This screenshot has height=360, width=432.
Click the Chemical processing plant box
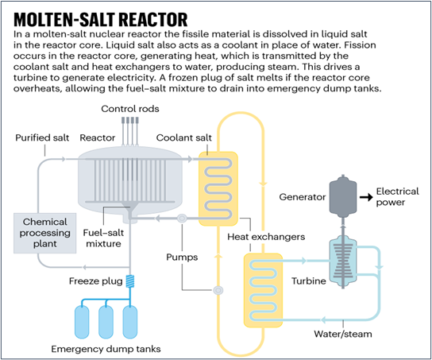[45, 233]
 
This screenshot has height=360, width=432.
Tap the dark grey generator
[343, 196]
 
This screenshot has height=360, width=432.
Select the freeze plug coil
[130, 281]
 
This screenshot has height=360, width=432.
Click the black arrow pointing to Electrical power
[366, 197]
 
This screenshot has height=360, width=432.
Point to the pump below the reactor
[182, 219]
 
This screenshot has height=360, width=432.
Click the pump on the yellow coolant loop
[218, 290]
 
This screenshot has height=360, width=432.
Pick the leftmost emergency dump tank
[82, 322]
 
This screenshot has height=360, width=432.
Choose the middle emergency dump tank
[106, 322]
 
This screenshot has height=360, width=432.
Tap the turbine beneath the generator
[343, 264]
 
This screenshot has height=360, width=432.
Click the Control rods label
[130, 109]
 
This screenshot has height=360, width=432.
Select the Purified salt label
[42, 137]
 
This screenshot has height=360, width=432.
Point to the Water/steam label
[343, 334]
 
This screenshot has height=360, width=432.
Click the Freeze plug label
[95, 281]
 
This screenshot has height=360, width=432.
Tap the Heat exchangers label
[266, 237]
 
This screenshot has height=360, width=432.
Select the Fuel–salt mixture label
[103, 238]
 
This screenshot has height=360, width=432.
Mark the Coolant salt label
[183, 137]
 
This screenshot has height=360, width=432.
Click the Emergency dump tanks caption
[106, 349]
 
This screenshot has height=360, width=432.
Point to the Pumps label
[182, 257]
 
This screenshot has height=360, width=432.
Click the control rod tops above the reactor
[130, 120]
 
